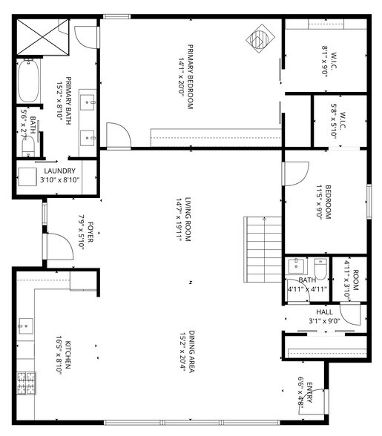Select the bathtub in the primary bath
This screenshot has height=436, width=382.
28,81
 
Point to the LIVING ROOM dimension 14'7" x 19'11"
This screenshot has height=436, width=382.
178,220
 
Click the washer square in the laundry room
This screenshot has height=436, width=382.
28,176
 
